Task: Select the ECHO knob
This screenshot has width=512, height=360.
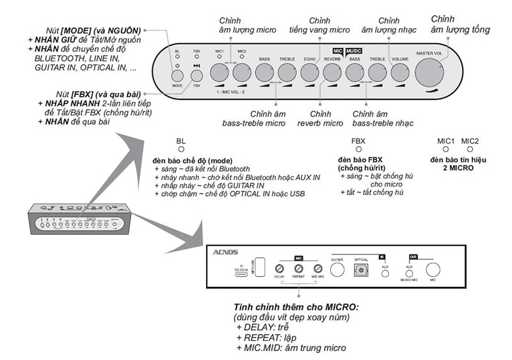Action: (310, 72)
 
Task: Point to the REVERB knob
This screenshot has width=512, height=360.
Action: (332, 72)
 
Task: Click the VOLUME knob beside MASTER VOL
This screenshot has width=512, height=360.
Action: (399, 72)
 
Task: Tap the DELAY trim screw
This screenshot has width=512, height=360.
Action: (279, 268)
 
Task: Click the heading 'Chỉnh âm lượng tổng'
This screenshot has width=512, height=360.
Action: (460, 24)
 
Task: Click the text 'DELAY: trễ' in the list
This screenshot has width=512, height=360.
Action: (262, 327)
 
